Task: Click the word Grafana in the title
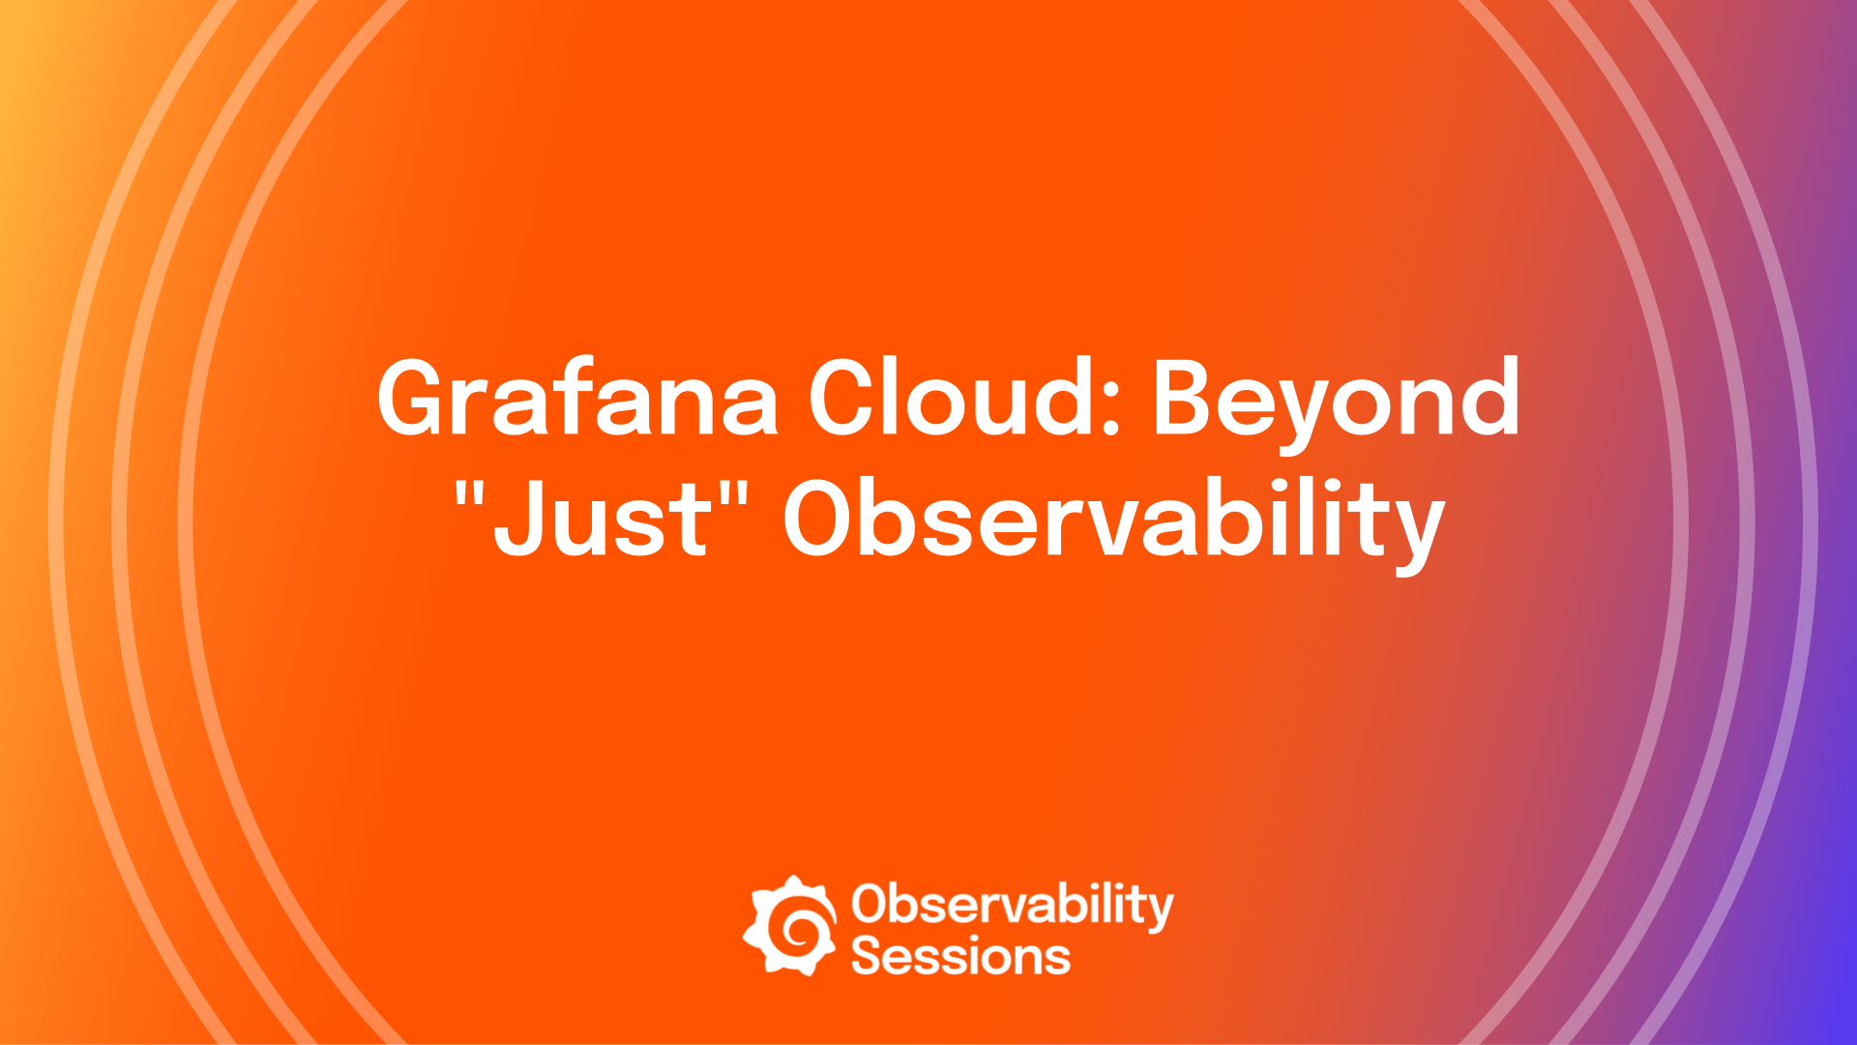point(577,399)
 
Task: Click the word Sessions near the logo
point(960,956)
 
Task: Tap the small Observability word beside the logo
point(1012,905)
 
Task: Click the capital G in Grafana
point(417,398)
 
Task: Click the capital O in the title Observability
point(823,519)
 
